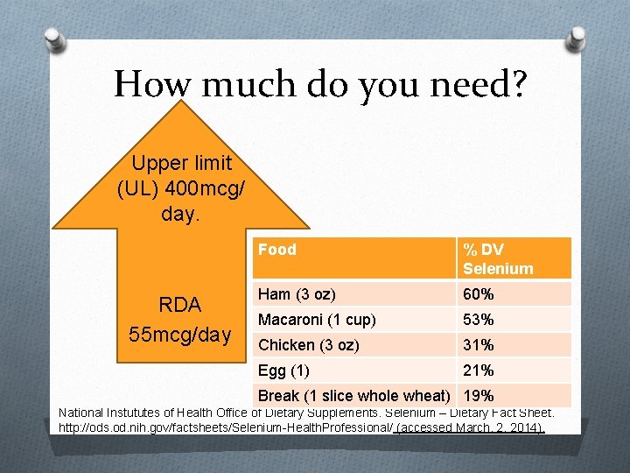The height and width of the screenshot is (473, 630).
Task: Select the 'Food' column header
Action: pyautogui.click(x=277, y=250)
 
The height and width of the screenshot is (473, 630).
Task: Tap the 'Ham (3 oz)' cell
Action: pyautogui.click(x=297, y=294)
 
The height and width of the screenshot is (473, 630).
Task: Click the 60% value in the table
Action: pyautogui.click(x=479, y=294)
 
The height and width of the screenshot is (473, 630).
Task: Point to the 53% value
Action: pyautogui.click(x=479, y=320)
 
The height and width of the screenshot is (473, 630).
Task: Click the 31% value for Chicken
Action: pyautogui.click(x=479, y=345)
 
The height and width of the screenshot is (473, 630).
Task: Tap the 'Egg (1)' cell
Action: pyautogui.click(x=283, y=371)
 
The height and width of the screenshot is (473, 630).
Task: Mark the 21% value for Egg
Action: pyautogui.click(x=479, y=371)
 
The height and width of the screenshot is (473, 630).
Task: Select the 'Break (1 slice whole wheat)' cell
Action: pyautogui.click(x=353, y=396)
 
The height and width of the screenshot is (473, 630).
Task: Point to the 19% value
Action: pyautogui.click(x=479, y=396)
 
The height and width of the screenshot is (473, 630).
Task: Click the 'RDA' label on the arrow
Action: pyautogui.click(x=179, y=305)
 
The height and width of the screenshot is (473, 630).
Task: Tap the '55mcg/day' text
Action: pyautogui.click(x=179, y=334)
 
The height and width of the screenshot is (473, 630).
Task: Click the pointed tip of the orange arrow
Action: pyautogui.click(x=180, y=102)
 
